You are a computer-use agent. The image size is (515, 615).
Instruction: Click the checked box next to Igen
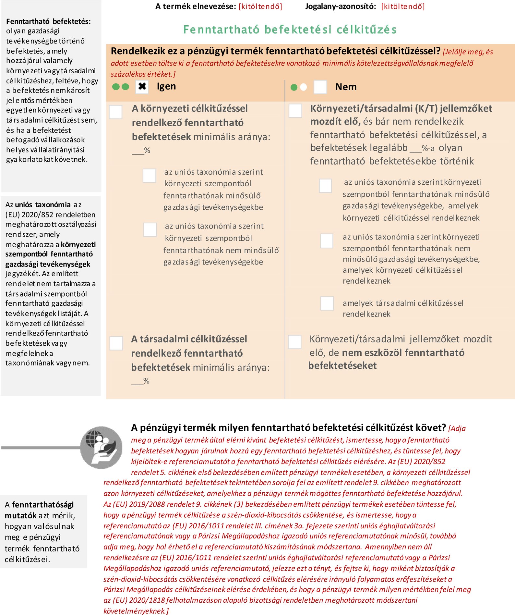[x=142, y=87]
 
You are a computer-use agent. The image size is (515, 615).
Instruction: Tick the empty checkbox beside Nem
[x=320, y=87]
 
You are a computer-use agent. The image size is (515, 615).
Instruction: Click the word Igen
[x=166, y=86]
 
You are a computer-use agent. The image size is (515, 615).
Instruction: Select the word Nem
[x=346, y=87]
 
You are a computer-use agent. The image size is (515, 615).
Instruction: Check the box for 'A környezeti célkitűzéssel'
[x=116, y=112]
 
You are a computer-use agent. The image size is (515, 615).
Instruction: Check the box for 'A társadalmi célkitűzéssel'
[x=116, y=343]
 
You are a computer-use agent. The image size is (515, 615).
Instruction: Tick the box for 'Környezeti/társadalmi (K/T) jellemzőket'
[x=295, y=111]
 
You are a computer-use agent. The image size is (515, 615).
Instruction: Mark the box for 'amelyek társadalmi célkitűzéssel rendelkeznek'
[x=327, y=303]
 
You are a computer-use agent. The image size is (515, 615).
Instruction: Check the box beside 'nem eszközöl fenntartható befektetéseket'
[x=294, y=342]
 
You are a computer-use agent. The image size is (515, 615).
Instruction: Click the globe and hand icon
[x=102, y=448]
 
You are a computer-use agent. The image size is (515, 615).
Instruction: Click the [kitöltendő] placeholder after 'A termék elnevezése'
[x=260, y=6]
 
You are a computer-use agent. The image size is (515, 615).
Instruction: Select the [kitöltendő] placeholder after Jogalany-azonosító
[x=403, y=6]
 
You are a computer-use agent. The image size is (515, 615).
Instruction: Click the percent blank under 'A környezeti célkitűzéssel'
[x=138, y=151]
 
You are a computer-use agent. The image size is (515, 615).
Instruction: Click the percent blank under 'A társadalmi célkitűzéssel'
[x=137, y=381]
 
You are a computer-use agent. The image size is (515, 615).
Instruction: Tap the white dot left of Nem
[x=304, y=87]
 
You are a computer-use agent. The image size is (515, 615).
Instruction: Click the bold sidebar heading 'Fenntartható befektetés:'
[x=49, y=21]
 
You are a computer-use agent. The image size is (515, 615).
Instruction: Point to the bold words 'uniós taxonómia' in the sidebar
[x=43, y=205]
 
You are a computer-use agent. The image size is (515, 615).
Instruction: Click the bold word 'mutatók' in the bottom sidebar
[x=20, y=516]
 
